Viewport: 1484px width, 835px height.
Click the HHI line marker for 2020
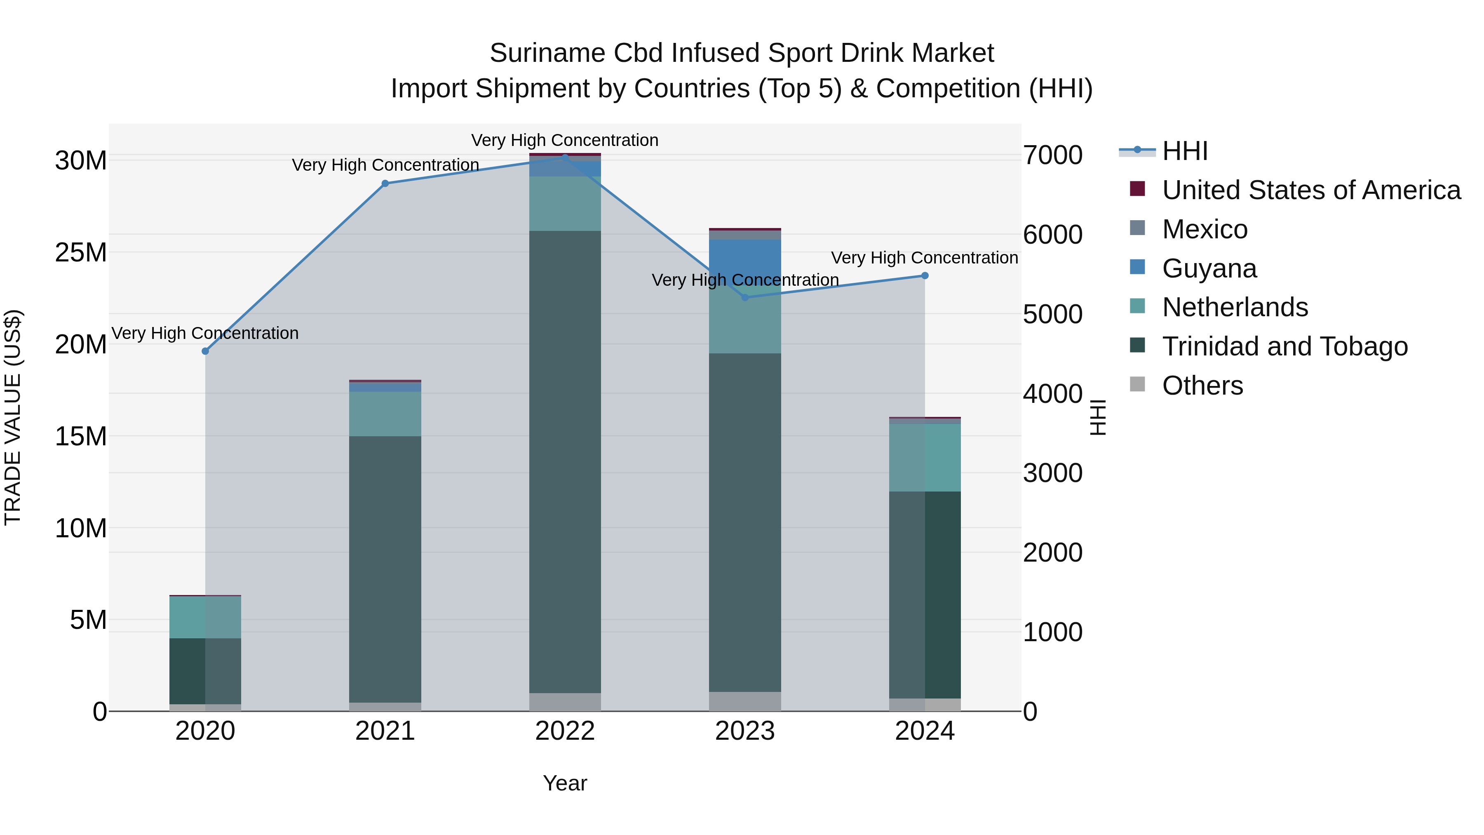(x=205, y=351)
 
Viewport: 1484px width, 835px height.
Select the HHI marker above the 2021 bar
(x=385, y=183)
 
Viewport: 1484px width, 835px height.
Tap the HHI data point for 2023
(x=745, y=297)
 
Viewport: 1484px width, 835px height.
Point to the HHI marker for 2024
(x=925, y=275)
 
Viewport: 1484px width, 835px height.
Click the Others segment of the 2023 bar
(x=745, y=701)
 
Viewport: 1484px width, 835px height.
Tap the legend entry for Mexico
(x=1204, y=229)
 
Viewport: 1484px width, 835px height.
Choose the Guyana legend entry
(x=1209, y=268)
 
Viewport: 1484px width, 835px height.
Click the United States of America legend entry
(x=1310, y=190)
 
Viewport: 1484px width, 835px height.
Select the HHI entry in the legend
(x=1184, y=151)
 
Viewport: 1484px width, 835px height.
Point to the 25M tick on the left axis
(x=81, y=252)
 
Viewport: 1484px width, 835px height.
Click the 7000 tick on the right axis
(x=1052, y=155)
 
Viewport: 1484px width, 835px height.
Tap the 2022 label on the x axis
(x=565, y=731)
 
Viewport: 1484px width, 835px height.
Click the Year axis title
(x=565, y=783)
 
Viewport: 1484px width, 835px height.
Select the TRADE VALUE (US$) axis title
(x=13, y=417)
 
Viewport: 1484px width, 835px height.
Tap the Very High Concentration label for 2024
(x=924, y=258)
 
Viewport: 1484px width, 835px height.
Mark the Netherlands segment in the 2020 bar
(x=205, y=617)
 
